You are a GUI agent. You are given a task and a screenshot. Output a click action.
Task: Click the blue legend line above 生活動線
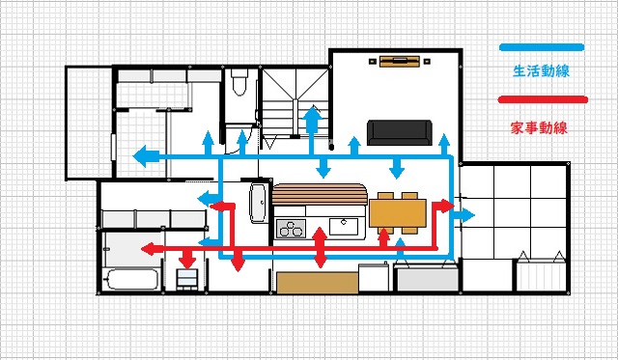point(542,47)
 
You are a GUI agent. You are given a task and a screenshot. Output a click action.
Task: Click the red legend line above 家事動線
point(542,99)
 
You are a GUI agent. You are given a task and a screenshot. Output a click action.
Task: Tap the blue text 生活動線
point(541,69)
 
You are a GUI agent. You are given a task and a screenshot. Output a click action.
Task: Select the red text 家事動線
point(541,126)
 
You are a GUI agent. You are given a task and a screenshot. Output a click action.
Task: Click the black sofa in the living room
point(400,132)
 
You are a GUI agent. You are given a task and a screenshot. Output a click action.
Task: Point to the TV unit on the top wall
point(399,62)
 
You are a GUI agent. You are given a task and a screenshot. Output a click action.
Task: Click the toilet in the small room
point(239,85)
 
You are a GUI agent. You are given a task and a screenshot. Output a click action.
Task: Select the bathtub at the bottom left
point(131,281)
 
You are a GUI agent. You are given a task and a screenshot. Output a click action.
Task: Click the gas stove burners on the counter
point(291,229)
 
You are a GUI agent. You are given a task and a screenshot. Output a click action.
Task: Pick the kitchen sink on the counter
point(344,227)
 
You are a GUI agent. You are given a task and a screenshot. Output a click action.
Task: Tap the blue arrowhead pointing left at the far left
point(140,155)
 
